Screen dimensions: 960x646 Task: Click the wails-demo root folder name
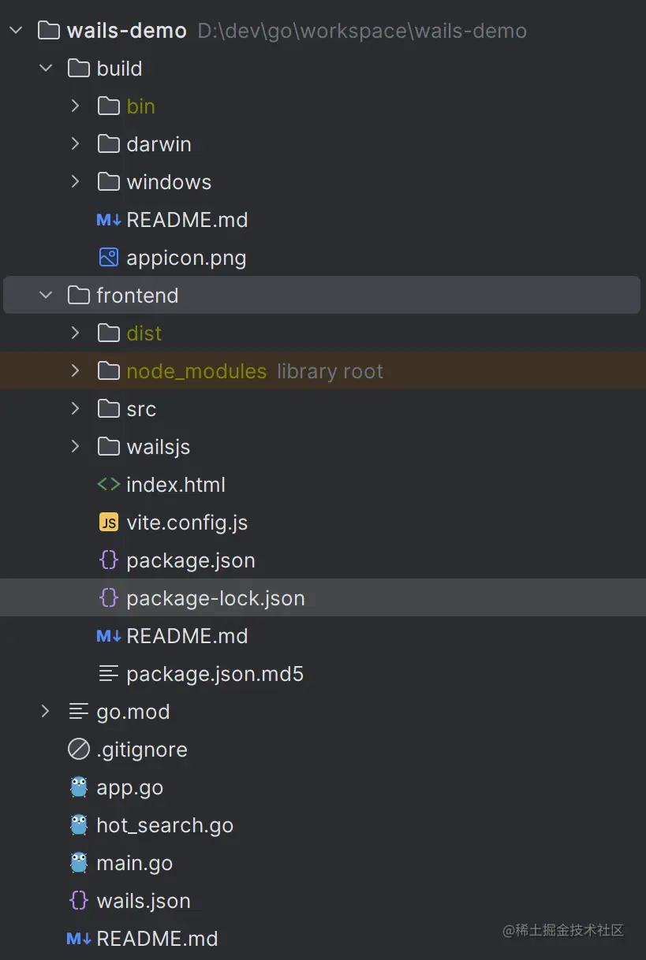pyautogui.click(x=126, y=31)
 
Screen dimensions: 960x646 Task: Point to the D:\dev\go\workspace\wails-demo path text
pyautogui.click(x=362, y=31)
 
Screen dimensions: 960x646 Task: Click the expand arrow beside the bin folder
pyautogui.click(x=76, y=106)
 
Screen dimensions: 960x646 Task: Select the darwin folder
pyautogui.click(x=159, y=144)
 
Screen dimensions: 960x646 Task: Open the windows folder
pyautogui.click(x=169, y=182)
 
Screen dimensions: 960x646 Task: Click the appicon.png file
pyautogui.click(x=186, y=258)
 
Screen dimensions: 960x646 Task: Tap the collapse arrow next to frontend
pyautogui.click(x=46, y=295)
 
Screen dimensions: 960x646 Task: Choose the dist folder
pyautogui.click(x=144, y=333)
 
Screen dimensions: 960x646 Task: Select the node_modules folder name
pyautogui.click(x=196, y=371)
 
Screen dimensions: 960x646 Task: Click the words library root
pyautogui.click(x=330, y=371)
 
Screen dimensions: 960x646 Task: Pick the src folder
pyautogui.click(x=141, y=409)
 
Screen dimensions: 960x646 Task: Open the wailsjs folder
pyautogui.click(x=158, y=447)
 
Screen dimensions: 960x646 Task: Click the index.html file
pyautogui.click(x=176, y=485)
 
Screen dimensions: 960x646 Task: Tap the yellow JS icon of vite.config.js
pyautogui.click(x=108, y=523)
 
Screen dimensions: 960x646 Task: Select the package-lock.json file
pyautogui.click(x=215, y=598)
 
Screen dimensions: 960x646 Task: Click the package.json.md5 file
pyautogui.click(x=215, y=674)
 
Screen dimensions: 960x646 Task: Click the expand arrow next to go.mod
pyautogui.click(x=46, y=712)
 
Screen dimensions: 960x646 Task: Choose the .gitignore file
pyautogui.click(x=142, y=750)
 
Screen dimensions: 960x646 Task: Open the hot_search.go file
pyautogui.click(x=165, y=825)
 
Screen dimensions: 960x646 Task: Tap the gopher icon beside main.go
pyautogui.click(x=79, y=863)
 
